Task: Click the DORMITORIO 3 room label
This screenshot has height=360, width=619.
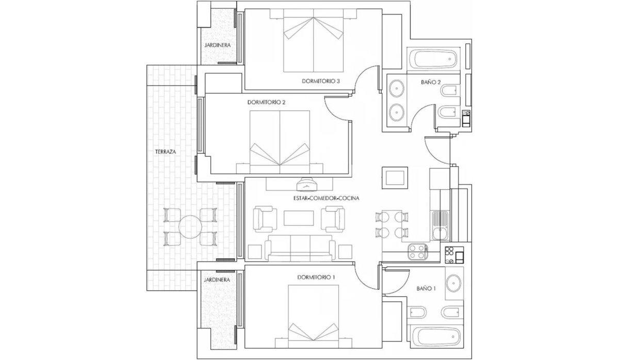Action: [x=320, y=81]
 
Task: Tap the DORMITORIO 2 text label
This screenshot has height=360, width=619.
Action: [x=266, y=102]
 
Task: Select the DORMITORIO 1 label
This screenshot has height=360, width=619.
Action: [x=316, y=277]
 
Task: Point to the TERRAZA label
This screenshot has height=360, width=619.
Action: [x=166, y=152]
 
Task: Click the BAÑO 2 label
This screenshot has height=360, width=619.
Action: [x=431, y=82]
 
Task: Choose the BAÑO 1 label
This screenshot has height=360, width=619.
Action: [x=426, y=288]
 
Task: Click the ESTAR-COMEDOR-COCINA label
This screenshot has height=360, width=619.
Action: [x=327, y=198]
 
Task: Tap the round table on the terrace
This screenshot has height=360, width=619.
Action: [x=190, y=227]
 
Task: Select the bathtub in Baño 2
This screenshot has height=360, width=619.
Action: [x=432, y=59]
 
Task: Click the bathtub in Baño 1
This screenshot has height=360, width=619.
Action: [x=436, y=337]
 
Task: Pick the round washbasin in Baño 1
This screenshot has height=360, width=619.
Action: [x=454, y=283]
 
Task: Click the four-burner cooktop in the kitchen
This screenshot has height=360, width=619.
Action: [x=417, y=252]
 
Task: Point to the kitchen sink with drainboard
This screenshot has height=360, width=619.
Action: [x=441, y=225]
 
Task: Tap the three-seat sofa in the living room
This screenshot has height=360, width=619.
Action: [x=300, y=248]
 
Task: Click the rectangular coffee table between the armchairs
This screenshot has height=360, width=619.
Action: [x=299, y=218]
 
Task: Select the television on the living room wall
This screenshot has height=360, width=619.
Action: [x=307, y=185]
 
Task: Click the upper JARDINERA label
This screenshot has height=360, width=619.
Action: [x=218, y=45]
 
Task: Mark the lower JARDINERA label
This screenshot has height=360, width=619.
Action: [x=217, y=280]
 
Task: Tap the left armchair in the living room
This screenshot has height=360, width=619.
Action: [x=265, y=219]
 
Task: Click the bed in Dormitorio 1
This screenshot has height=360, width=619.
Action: [x=314, y=316]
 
